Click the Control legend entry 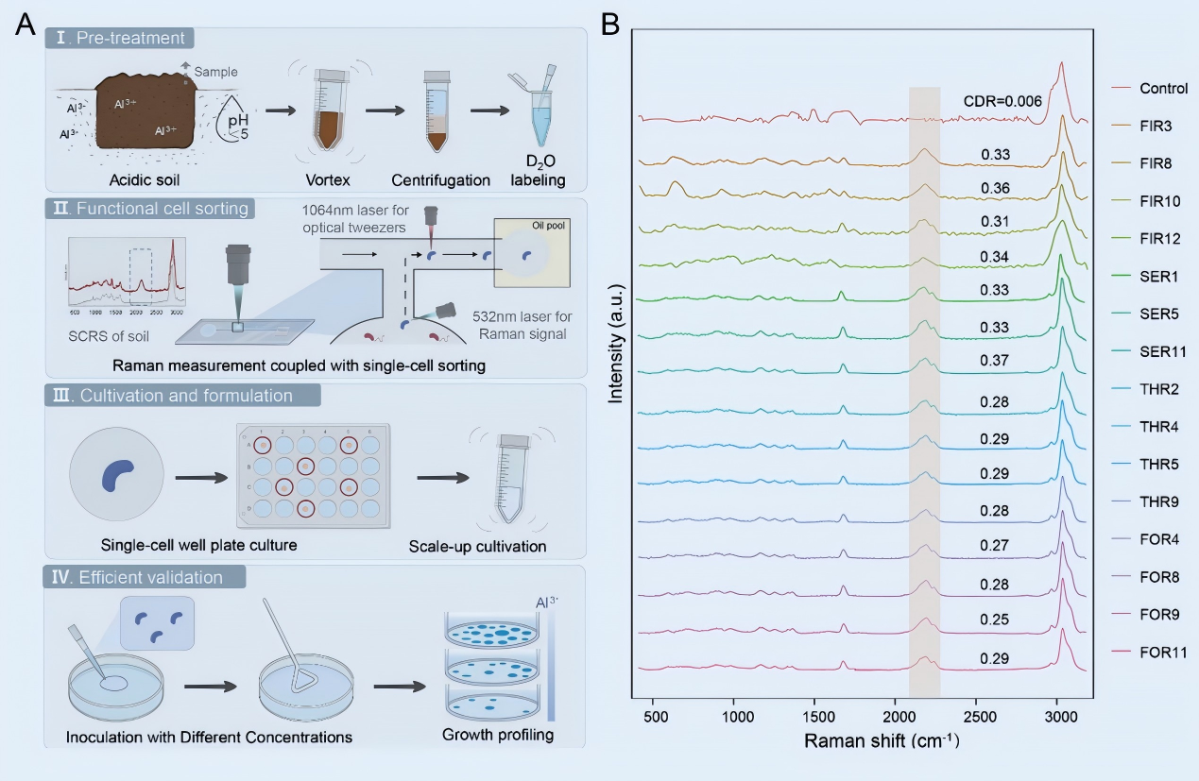pos(1162,88)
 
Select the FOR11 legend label pos(1162,652)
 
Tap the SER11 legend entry pos(1162,351)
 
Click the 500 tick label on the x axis pos(655,716)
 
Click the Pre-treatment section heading pos(122,39)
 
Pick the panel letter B pos(610,25)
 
